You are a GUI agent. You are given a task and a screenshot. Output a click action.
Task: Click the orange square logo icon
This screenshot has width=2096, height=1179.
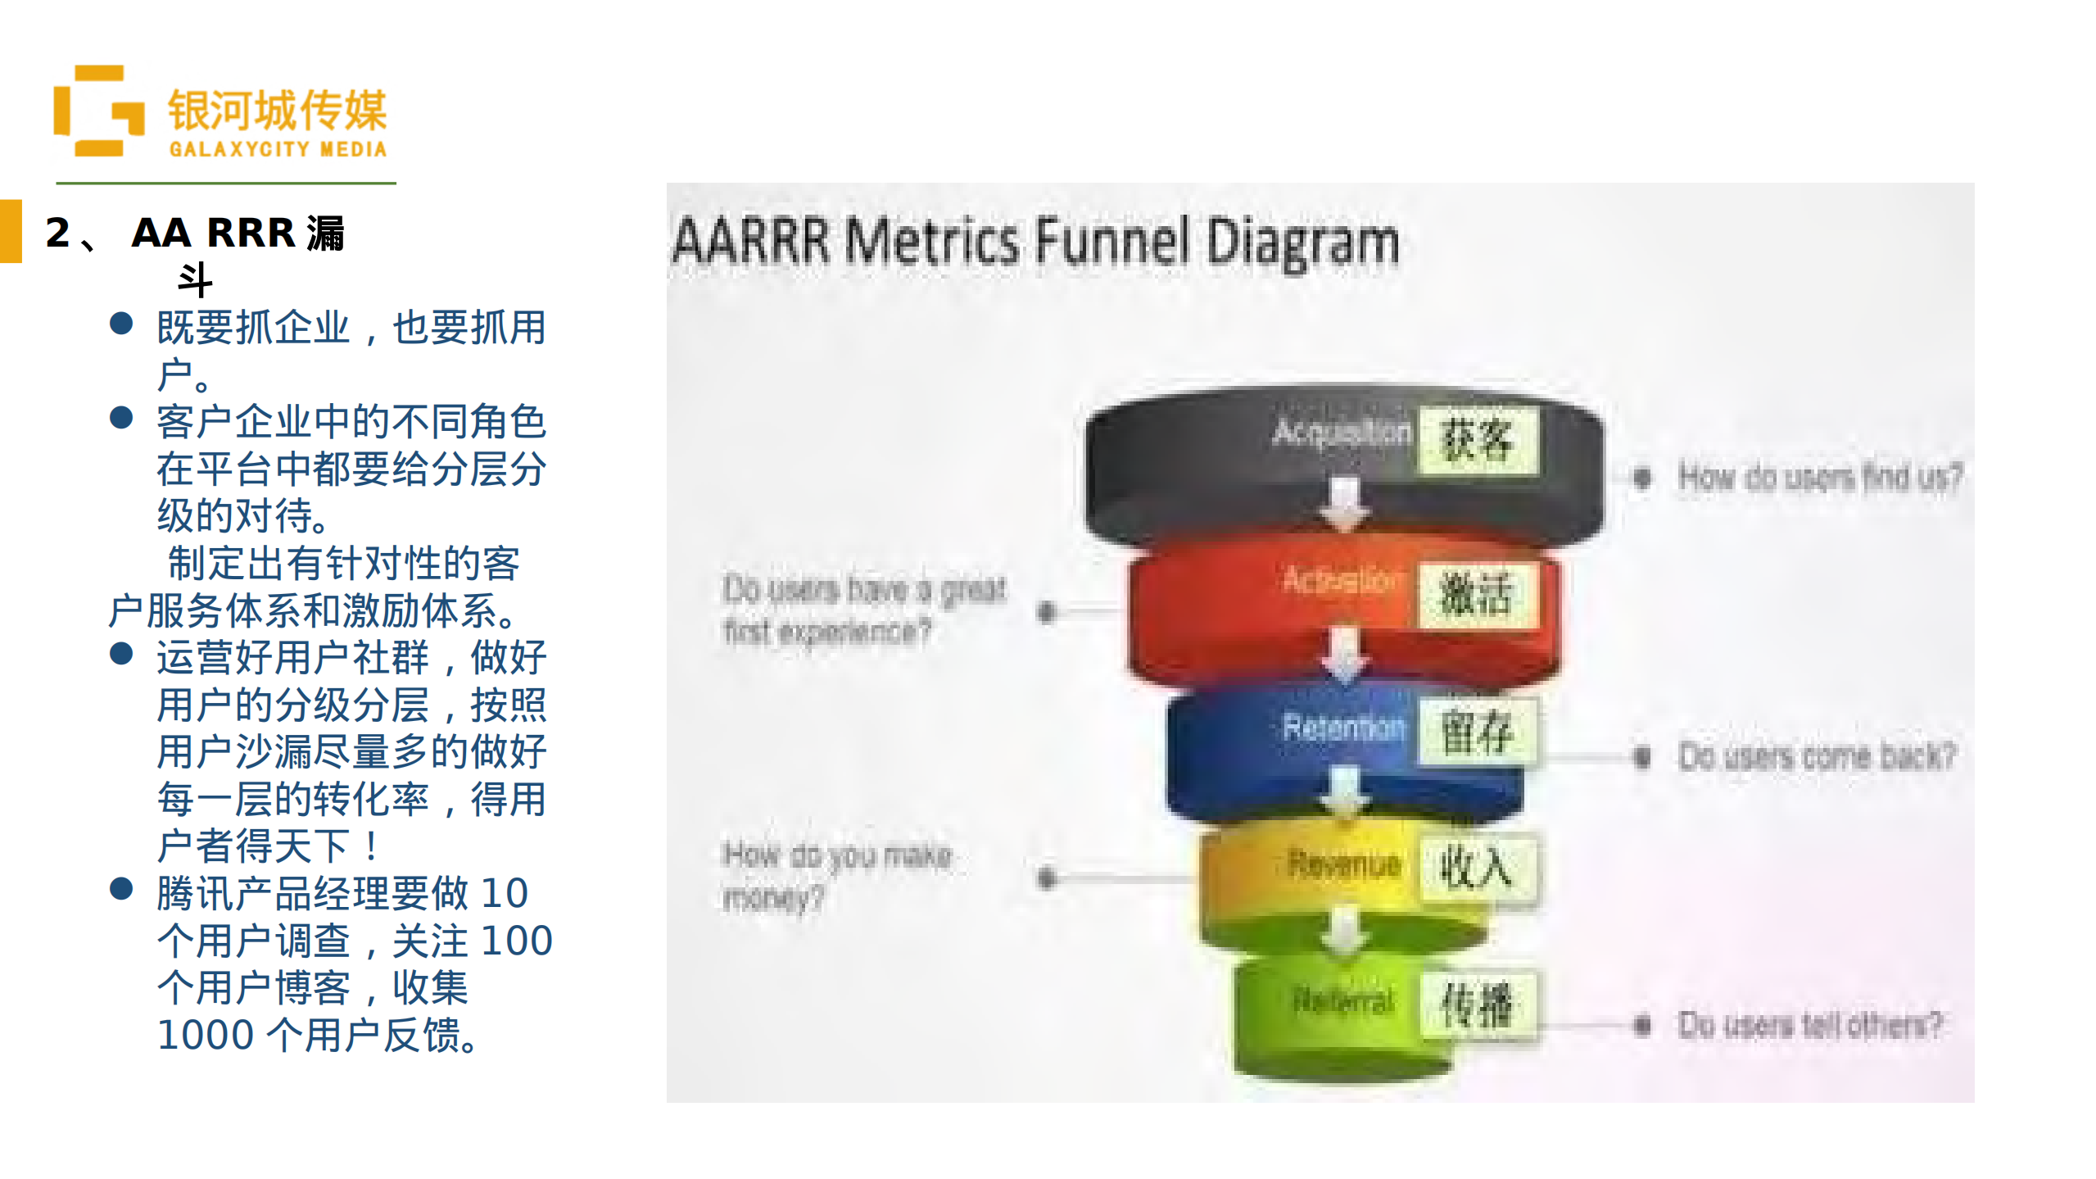(97, 111)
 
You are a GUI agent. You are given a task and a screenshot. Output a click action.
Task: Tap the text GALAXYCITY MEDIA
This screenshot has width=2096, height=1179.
(278, 149)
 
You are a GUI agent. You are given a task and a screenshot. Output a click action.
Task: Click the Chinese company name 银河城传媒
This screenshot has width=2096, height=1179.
(277, 111)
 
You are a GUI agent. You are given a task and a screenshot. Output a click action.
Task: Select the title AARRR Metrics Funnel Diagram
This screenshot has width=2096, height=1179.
(1035, 242)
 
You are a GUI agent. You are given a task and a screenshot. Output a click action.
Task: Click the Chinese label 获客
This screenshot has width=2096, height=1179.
(1476, 440)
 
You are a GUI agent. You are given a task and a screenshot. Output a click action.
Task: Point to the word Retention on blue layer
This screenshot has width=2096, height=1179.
(1343, 728)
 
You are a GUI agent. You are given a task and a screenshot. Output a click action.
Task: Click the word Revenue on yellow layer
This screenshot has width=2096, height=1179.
(1344, 864)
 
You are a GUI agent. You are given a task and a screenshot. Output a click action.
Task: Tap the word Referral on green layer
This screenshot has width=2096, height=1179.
(1343, 1000)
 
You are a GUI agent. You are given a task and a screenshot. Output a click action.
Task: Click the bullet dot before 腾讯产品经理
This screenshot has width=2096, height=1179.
(121, 889)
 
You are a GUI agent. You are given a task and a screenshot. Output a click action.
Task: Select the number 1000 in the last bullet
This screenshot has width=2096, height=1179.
(206, 1036)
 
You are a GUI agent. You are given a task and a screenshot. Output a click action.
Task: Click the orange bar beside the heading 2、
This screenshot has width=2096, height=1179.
(11, 231)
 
